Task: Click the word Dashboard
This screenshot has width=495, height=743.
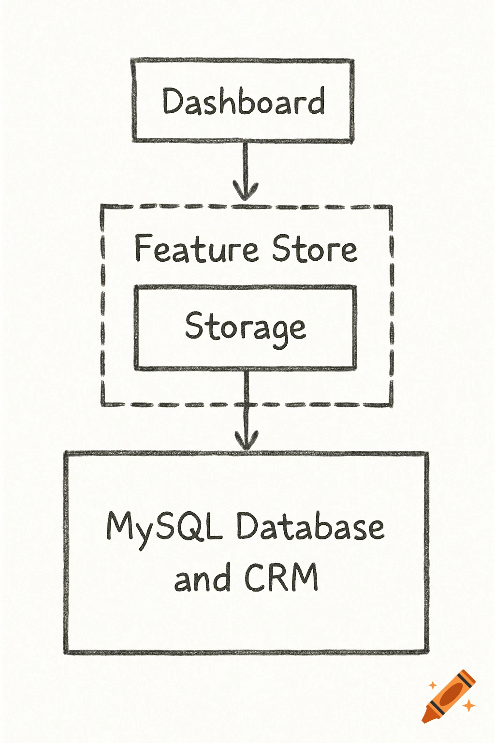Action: point(243,102)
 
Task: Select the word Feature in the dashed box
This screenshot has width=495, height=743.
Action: point(196,249)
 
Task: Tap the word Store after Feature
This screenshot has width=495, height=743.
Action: point(314,249)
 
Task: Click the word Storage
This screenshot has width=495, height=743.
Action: point(245,327)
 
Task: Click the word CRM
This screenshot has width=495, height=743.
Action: point(281,577)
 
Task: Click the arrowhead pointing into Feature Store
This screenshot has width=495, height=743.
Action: point(246,192)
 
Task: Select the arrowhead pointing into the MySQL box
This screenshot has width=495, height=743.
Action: point(247,440)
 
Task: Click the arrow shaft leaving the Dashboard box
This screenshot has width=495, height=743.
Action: point(246,162)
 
